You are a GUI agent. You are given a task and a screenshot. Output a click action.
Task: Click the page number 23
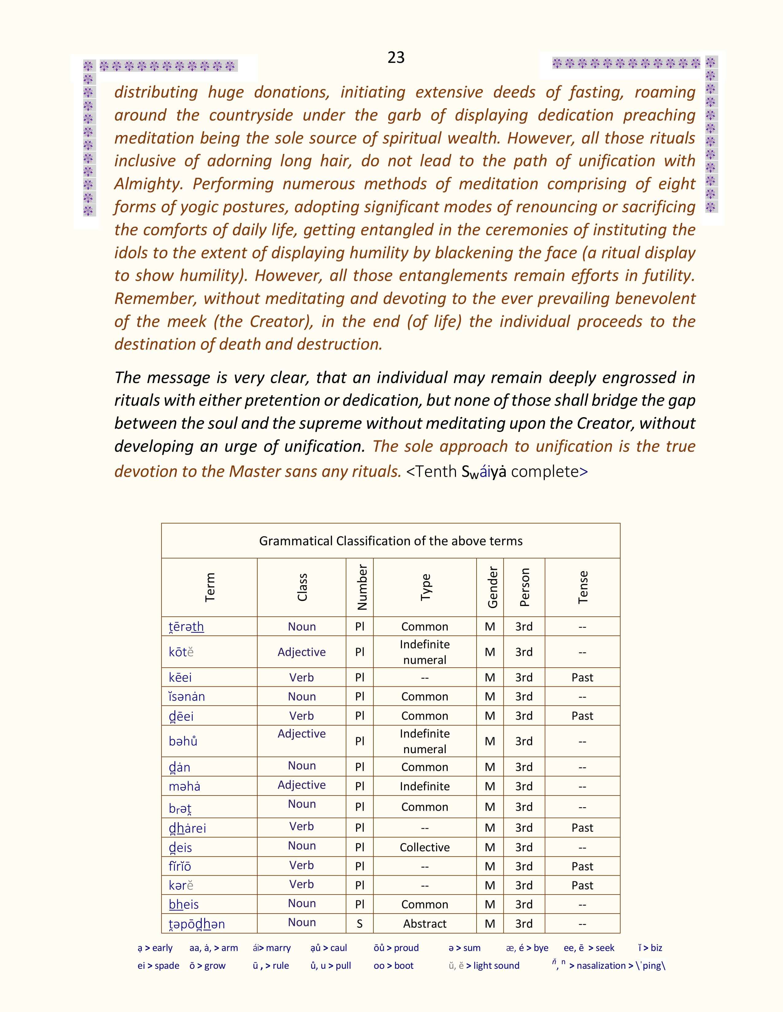click(396, 57)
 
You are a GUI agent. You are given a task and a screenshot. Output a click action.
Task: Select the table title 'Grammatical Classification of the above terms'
click(391, 541)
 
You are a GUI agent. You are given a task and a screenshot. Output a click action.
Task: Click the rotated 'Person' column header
click(524, 588)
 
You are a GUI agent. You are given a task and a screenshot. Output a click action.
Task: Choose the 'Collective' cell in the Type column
click(424, 847)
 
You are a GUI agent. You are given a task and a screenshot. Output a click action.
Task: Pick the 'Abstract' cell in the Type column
click(424, 923)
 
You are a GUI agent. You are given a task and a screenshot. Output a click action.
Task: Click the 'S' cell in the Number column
click(360, 923)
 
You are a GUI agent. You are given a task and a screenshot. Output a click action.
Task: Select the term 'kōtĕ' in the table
click(181, 652)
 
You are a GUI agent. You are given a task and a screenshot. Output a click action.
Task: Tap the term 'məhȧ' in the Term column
click(185, 786)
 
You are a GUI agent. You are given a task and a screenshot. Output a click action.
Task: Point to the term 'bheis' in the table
click(184, 904)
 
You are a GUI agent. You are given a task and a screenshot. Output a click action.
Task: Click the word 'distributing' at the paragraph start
click(156, 92)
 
